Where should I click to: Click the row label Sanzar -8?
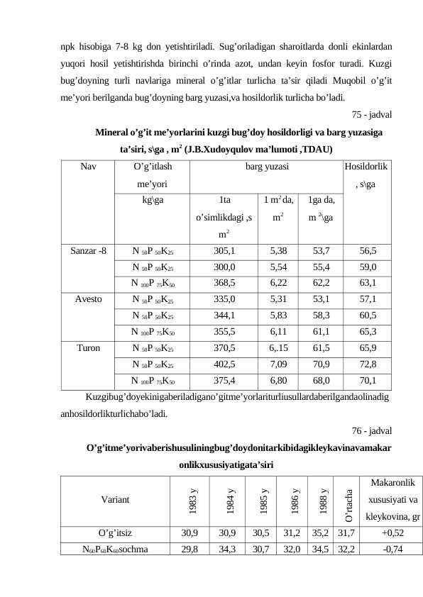pyautogui.click(x=88, y=250)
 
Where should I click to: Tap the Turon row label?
pyautogui.click(x=88, y=348)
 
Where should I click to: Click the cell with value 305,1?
pyautogui.click(x=224, y=250)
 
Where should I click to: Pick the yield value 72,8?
pyautogui.click(x=368, y=364)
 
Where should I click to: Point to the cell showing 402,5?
pyautogui.click(x=224, y=364)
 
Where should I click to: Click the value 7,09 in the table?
pyautogui.click(x=278, y=364)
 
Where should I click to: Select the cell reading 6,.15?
pyautogui.click(x=278, y=348)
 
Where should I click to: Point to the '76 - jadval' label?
pyautogui.click(x=374, y=430)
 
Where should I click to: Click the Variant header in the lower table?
pyautogui.click(x=114, y=499)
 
